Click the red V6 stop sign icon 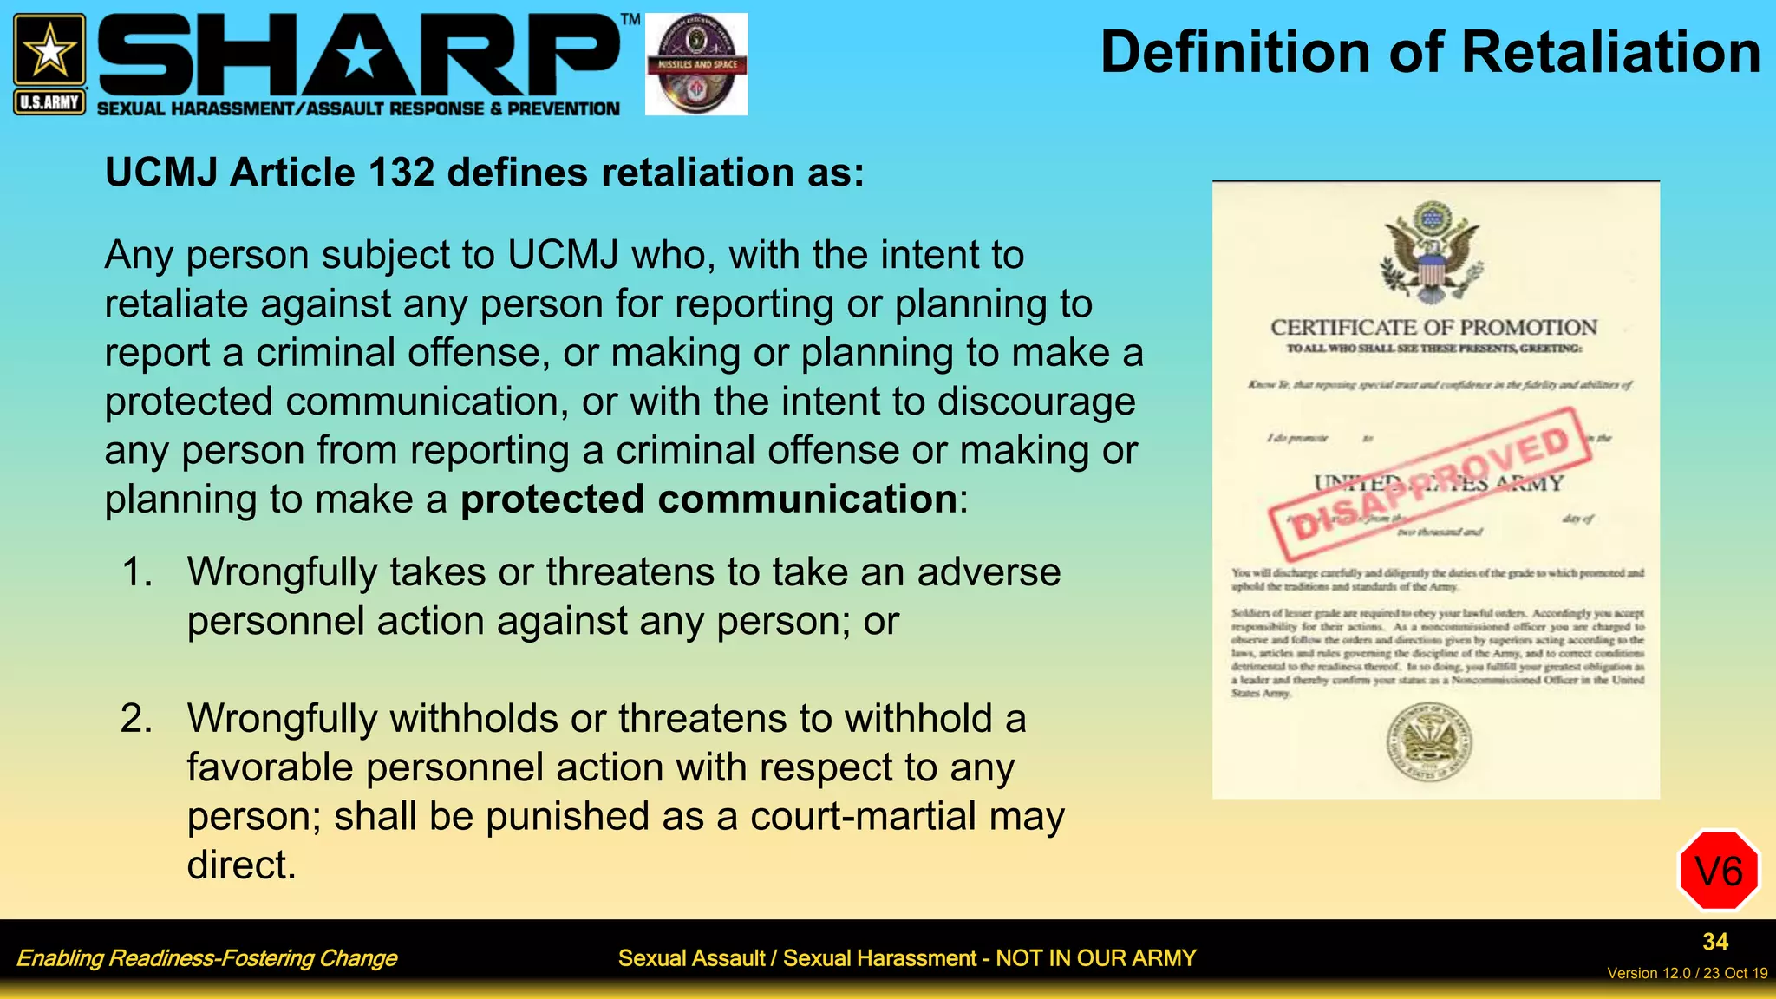click(x=1718, y=871)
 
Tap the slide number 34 click(x=1714, y=942)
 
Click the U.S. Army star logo click(x=49, y=52)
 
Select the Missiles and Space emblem click(x=696, y=64)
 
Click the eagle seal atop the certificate click(x=1432, y=251)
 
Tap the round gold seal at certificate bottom click(x=1429, y=742)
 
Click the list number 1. click(x=137, y=572)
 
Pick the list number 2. click(x=137, y=719)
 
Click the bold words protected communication click(x=708, y=499)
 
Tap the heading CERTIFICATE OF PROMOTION click(x=1433, y=328)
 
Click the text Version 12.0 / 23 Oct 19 click(x=1687, y=973)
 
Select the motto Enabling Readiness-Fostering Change click(x=206, y=958)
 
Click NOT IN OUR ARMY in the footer click(x=1095, y=958)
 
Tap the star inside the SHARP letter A click(x=359, y=59)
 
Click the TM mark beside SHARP click(x=630, y=20)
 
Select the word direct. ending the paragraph click(x=241, y=865)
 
